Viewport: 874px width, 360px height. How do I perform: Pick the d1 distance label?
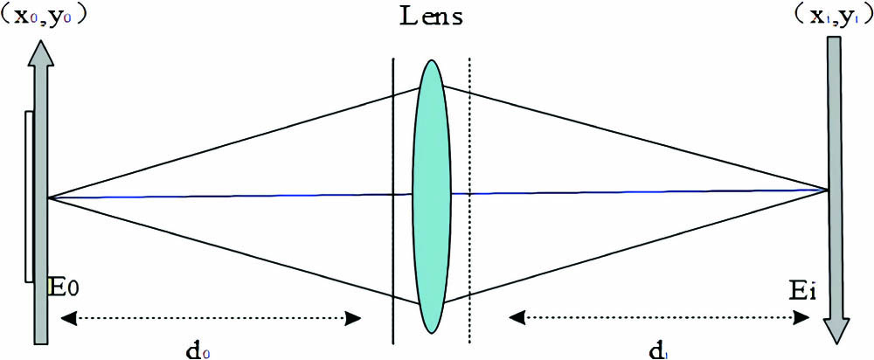pyautogui.click(x=660, y=349)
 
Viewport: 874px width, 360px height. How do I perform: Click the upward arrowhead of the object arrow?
pyautogui.click(x=41, y=54)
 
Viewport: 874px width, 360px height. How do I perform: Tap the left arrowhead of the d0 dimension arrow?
pyautogui.click(x=66, y=319)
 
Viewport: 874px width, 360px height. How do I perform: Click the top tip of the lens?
pyautogui.click(x=431, y=61)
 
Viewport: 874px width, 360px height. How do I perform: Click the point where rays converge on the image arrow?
pyautogui.click(x=828, y=189)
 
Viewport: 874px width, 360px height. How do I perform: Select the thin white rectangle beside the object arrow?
pyautogui.click(x=31, y=196)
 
